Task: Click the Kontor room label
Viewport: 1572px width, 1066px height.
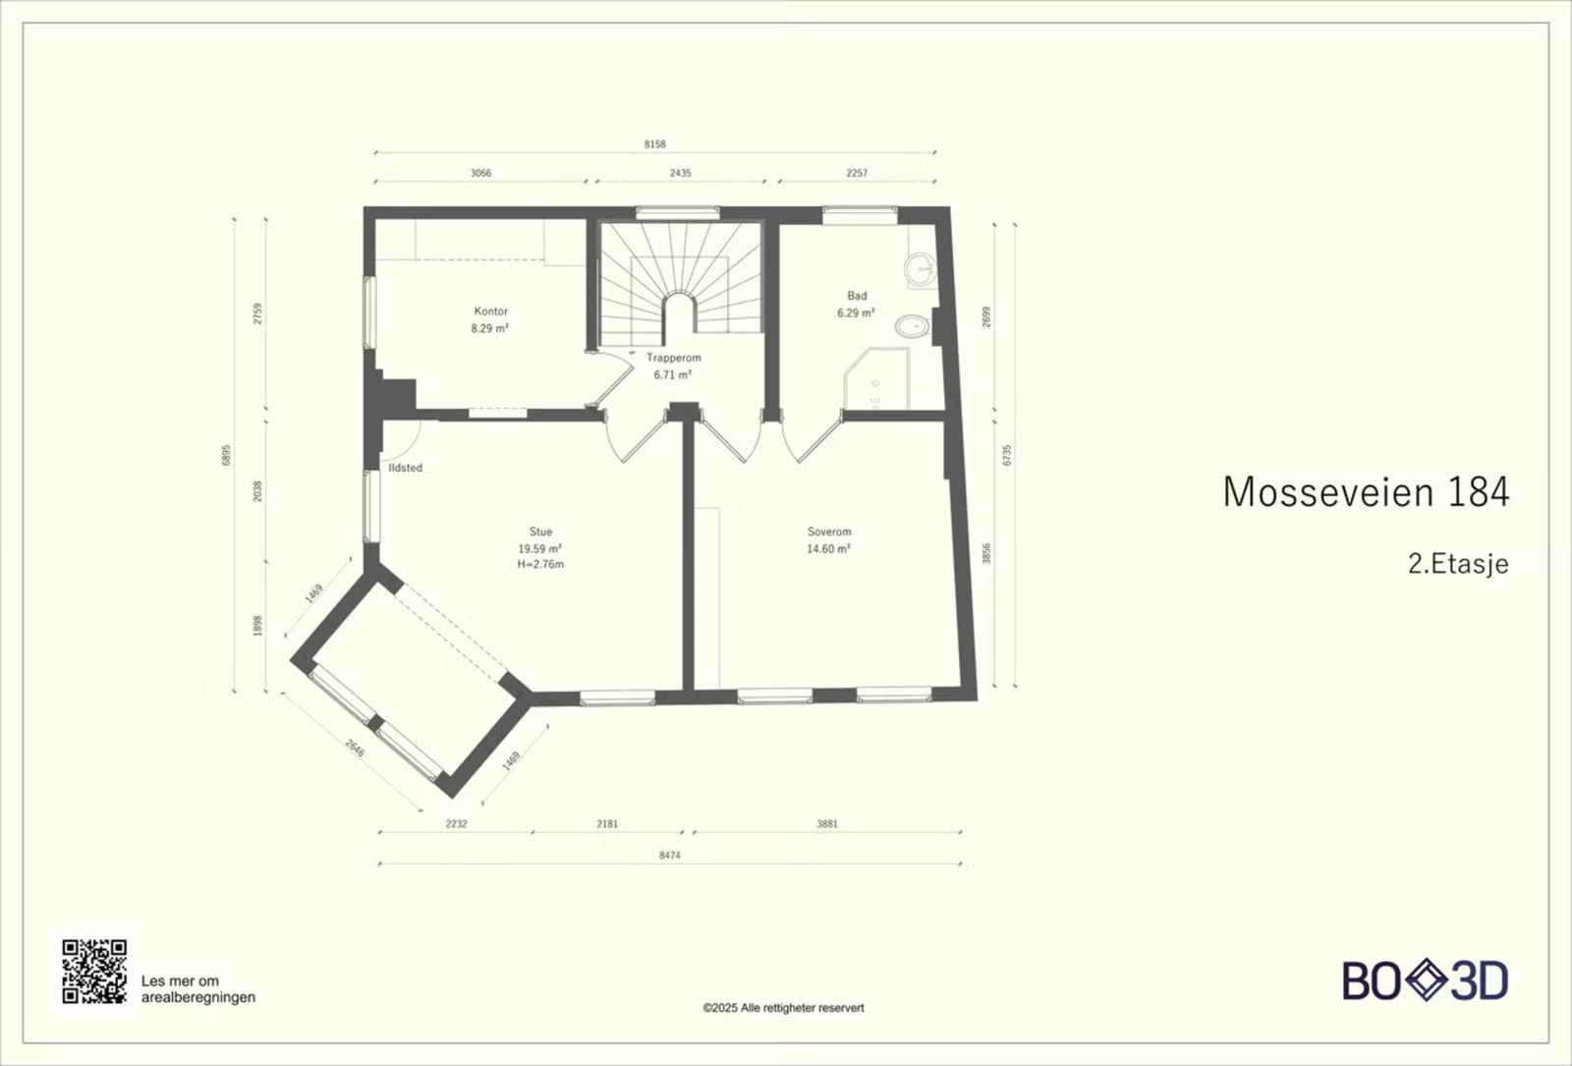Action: pos(490,310)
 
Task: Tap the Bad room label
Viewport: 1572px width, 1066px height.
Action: pos(857,296)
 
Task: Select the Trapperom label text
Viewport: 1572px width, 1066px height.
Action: pos(674,358)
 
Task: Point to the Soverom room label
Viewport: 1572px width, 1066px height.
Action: pos(829,532)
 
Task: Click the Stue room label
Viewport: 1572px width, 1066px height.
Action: pos(540,532)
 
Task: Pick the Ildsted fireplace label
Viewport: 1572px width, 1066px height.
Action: pos(406,468)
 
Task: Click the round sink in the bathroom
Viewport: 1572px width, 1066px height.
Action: pos(920,268)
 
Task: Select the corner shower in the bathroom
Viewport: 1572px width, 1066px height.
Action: pos(875,379)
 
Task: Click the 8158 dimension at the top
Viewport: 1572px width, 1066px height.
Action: pos(654,143)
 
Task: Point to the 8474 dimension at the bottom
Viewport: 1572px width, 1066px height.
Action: pos(669,855)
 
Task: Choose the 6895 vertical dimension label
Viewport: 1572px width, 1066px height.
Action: pos(226,455)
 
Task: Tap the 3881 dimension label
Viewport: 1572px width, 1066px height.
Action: pos(826,823)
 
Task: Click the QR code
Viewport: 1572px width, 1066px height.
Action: pos(94,972)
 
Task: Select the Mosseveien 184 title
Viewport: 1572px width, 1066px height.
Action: pos(1366,492)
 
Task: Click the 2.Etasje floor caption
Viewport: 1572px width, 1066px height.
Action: pos(1458,564)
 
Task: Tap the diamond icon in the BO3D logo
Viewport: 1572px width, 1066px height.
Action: pos(1426,981)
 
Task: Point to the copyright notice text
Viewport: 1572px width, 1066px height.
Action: pos(783,1008)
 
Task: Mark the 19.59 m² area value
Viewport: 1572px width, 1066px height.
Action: pos(539,548)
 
